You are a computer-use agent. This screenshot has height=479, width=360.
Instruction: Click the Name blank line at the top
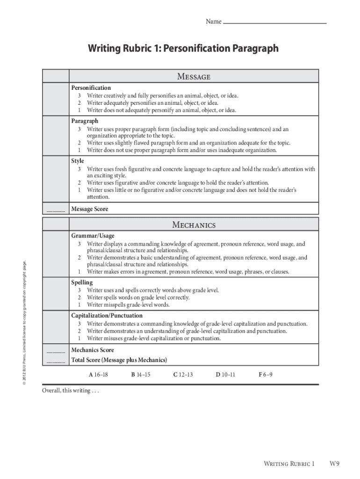275,22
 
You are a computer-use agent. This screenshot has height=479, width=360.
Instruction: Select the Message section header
194,76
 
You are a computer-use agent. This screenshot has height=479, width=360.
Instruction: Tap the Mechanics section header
194,225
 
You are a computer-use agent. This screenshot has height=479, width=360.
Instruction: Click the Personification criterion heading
91,88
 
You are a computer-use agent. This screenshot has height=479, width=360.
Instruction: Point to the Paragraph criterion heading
85,121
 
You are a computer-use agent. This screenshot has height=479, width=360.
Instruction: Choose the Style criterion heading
78,161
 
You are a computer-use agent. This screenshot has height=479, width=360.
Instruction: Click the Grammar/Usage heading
93,236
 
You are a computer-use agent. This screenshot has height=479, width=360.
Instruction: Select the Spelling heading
82,283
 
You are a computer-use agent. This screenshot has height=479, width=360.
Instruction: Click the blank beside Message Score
56,210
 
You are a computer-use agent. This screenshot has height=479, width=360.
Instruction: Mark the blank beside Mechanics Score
56,351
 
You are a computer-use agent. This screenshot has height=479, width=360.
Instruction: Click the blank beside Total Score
56,362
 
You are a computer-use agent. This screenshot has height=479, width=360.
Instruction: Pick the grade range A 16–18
99,375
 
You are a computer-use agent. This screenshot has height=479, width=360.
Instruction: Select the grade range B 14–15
141,375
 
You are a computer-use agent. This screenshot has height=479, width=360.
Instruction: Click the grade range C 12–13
183,375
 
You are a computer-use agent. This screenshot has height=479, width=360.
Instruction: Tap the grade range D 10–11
225,375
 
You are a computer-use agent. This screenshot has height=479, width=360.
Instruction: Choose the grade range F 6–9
266,375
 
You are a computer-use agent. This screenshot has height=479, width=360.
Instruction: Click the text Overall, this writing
71,391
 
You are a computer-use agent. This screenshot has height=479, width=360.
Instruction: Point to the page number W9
334,464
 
